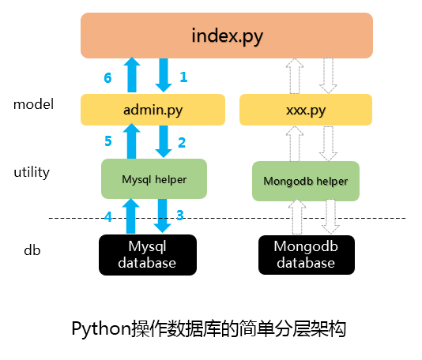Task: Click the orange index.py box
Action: pos(227,36)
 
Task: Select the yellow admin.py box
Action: pos(153,110)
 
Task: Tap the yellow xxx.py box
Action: pos(306,110)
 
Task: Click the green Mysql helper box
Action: pos(154,178)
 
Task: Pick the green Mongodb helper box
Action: pos(306,181)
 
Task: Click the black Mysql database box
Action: pos(148,255)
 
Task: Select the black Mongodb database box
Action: pos(307,255)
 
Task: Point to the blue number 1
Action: pos(183,77)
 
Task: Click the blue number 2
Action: pos(182,142)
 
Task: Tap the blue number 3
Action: pos(180,215)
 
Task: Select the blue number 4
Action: pos(108,216)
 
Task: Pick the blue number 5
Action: pos(108,141)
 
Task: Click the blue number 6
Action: pos(107,78)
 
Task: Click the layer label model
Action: pos(33,104)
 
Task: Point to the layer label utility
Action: pos(32,172)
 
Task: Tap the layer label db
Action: pos(32,250)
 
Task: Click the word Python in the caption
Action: pos(101,328)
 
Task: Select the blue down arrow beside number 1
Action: pos(164,75)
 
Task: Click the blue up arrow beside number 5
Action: pos(132,141)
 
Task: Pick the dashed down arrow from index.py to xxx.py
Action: pos(328,76)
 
